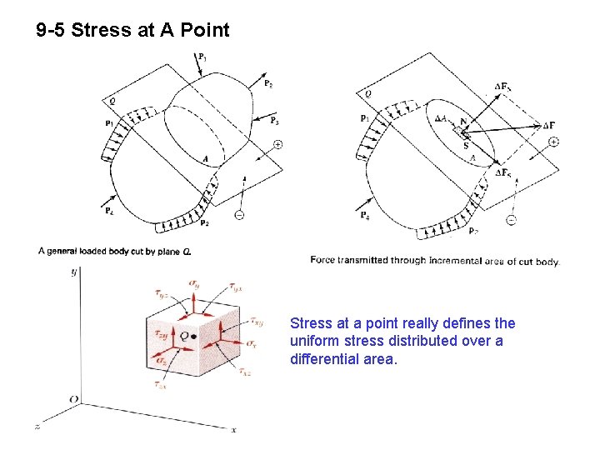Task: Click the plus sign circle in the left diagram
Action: [x=277, y=144]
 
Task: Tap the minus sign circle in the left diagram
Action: [x=239, y=215]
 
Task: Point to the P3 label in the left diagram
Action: [x=274, y=120]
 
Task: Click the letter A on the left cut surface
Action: [x=205, y=158]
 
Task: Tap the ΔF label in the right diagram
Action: [x=548, y=125]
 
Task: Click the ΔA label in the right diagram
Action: [x=442, y=118]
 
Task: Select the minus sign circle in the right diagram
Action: [x=512, y=220]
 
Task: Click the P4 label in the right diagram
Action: [x=365, y=216]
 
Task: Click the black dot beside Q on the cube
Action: [x=193, y=337]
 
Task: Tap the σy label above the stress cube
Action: [x=194, y=285]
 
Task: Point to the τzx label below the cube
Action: [x=161, y=385]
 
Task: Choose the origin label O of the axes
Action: [x=73, y=399]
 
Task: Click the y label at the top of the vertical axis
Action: [x=74, y=272]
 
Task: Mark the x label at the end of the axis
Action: [x=233, y=429]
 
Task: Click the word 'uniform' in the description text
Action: [x=312, y=341]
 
